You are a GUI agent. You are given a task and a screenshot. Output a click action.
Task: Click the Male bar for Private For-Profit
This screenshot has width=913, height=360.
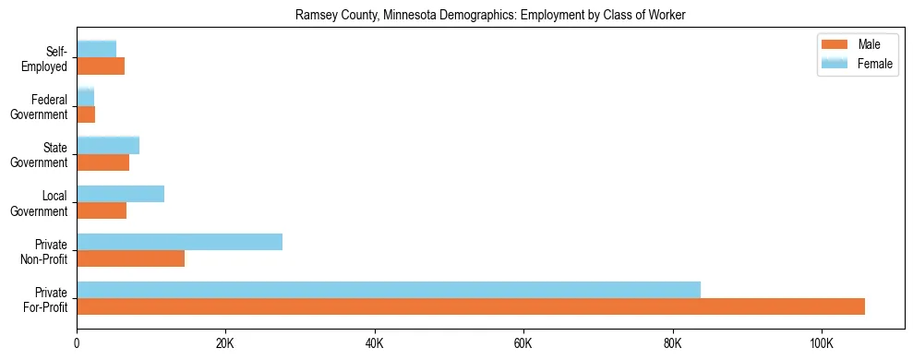tap(471, 306)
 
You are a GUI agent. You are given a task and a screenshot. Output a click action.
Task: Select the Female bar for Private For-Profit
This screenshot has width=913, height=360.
tap(389, 290)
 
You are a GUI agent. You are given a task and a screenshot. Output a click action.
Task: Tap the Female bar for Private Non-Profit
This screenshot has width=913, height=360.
tap(179, 242)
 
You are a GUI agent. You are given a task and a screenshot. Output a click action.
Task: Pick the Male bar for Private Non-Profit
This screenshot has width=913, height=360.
tap(130, 258)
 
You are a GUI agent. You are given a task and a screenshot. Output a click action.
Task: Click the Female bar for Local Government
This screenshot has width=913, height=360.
tap(120, 194)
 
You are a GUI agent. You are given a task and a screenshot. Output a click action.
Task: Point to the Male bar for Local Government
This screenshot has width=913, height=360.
tap(102, 210)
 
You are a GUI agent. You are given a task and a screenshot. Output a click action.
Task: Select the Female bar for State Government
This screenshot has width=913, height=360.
tap(108, 146)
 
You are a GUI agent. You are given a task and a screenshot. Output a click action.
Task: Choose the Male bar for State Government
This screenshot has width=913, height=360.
tap(102, 162)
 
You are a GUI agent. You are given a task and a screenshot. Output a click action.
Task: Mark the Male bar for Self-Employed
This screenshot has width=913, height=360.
tap(101, 66)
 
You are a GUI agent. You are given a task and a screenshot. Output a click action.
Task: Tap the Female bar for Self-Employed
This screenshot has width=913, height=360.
tap(96, 49)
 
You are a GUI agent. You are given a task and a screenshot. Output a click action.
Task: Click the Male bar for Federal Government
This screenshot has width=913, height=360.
tap(86, 114)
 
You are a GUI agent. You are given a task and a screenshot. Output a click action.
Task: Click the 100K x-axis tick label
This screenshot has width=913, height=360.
tap(821, 343)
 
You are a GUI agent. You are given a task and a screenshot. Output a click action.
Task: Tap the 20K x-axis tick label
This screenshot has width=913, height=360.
tap(225, 343)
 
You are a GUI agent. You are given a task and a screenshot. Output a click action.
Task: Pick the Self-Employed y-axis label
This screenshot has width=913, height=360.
tap(47, 58)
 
